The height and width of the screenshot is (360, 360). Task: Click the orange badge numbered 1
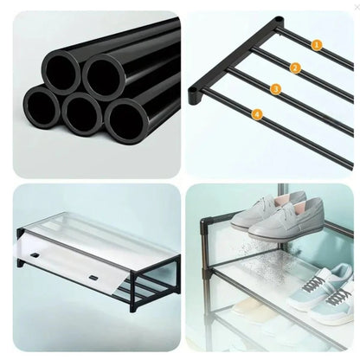(x=317, y=45)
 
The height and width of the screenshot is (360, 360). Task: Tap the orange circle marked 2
(x=295, y=68)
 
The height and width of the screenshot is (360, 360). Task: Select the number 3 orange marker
(x=276, y=89)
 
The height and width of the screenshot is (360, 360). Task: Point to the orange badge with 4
(x=257, y=114)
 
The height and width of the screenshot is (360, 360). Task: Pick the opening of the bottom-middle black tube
(x=81, y=113)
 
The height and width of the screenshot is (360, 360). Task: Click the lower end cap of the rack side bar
(x=195, y=94)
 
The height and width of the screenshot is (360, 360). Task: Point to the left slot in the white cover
(x=35, y=255)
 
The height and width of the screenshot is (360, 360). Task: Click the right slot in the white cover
(x=93, y=278)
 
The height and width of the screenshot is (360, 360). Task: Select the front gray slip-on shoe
(x=285, y=220)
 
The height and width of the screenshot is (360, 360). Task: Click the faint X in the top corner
(x=357, y=8)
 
